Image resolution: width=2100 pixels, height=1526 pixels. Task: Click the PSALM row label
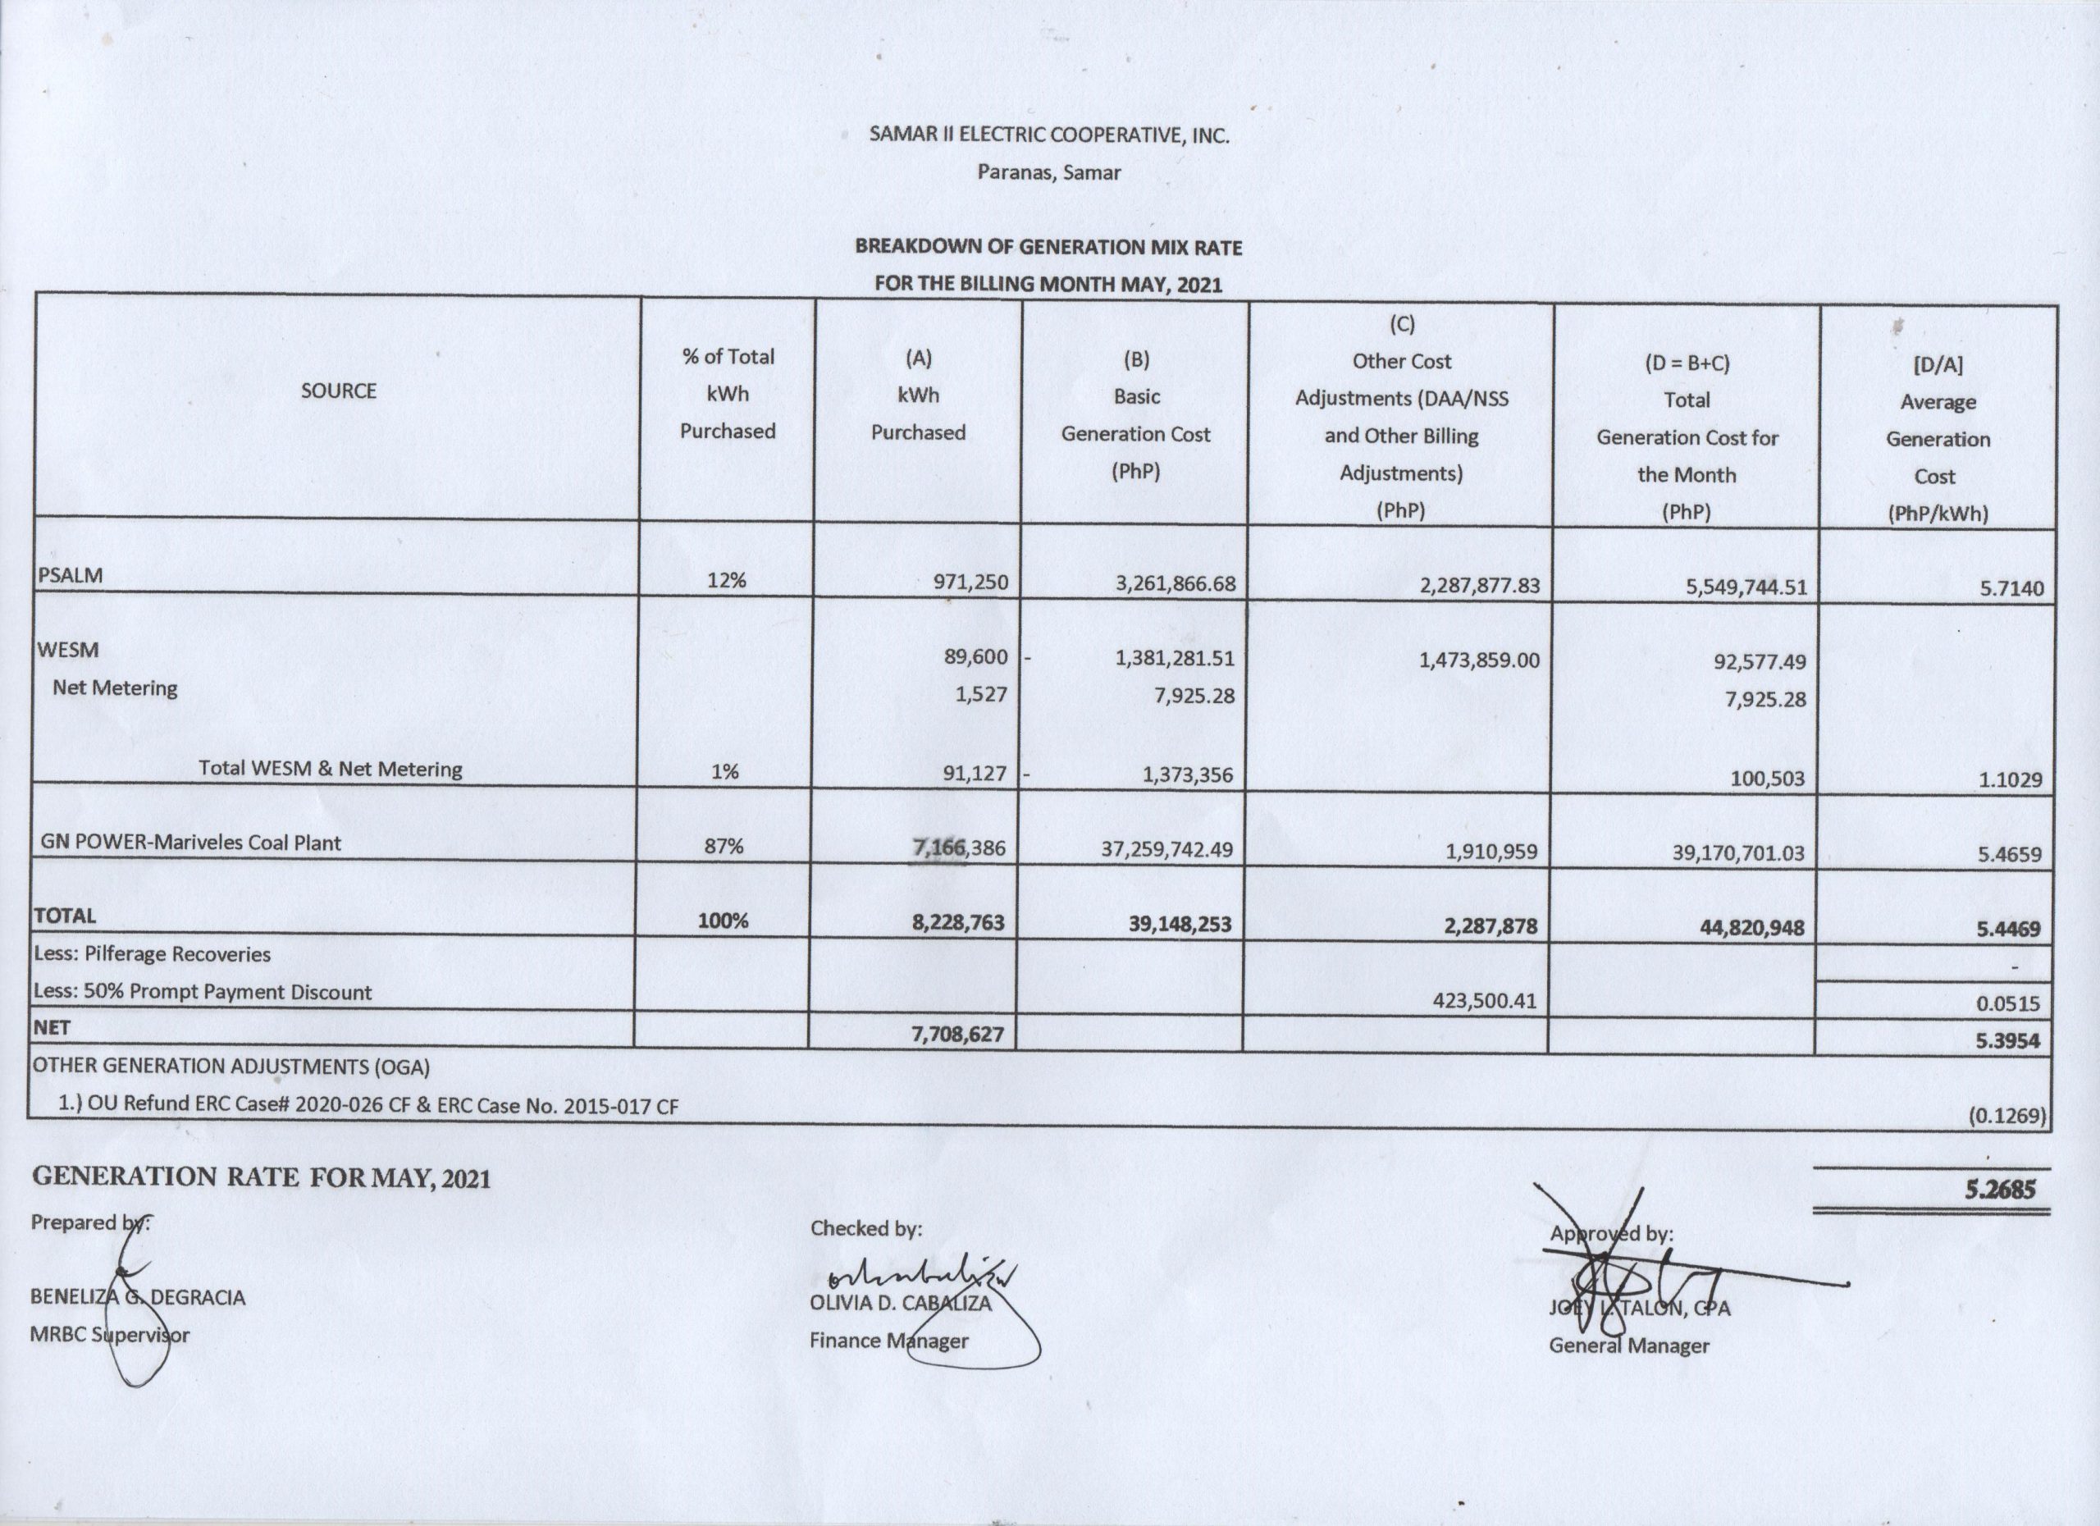[x=71, y=575]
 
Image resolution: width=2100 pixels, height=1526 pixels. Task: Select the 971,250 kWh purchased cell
[x=970, y=583]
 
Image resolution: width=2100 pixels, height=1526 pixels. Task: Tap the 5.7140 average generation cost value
[x=2011, y=588]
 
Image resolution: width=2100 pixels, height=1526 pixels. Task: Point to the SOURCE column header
[x=338, y=391]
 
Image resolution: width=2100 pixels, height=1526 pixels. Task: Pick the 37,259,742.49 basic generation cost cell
[x=1166, y=849]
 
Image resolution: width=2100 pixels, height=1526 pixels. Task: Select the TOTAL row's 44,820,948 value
[x=1738, y=927]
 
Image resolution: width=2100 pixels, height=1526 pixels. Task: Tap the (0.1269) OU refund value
[x=2006, y=1116]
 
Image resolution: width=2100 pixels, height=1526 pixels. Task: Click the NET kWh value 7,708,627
[x=957, y=1034]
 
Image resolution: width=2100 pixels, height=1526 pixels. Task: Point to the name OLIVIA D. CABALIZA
[x=900, y=1304]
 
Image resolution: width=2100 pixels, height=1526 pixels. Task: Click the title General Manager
[x=1628, y=1346]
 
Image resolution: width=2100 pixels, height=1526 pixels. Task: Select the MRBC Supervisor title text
[x=109, y=1336]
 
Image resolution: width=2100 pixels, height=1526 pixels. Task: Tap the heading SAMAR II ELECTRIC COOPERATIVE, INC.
[x=1049, y=135]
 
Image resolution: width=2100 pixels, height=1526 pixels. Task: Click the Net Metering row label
[x=115, y=688]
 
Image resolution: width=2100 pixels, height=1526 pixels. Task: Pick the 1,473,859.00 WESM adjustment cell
[x=1479, y=660]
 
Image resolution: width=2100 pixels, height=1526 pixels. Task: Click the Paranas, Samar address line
[x=1049, y=172]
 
